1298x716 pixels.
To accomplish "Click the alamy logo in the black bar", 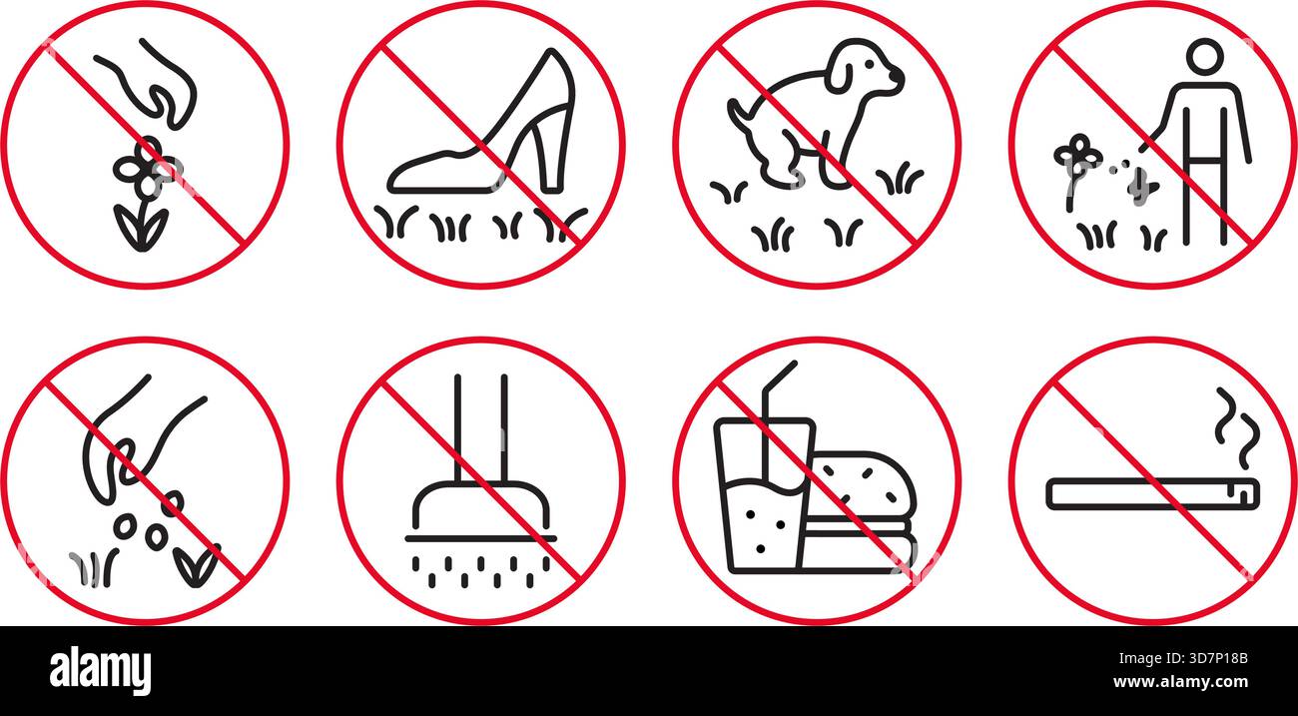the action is (x=100, y=670).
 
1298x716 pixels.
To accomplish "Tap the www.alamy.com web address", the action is (x=1180, y=682).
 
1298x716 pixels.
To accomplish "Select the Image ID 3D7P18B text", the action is (x=1183, y=658).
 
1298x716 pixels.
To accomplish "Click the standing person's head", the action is (x=1205, y=57).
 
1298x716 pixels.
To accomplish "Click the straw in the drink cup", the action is (x=774, y=417).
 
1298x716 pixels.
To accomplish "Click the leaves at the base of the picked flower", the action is (x=141, y=228).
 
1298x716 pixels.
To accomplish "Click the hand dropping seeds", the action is (x=131, y=440).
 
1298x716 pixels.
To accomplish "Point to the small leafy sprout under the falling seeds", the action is (x=197, y=565).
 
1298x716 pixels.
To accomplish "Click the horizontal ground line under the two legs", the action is (x=480, y=538).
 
